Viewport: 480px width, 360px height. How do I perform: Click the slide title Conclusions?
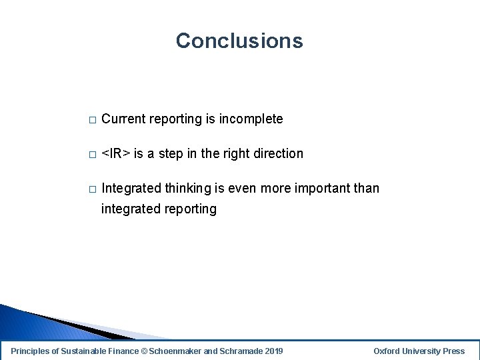click(x=239, y=41)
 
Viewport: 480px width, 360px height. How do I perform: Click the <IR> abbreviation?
click(x=115, y=154)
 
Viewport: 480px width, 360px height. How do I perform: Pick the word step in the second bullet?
click(x=171, y=154)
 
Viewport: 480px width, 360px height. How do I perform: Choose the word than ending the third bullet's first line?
click(x=367, y=189)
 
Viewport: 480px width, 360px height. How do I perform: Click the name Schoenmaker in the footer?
click(x=174, y=351)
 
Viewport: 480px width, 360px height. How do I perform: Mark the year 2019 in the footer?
click(x=273, y=351)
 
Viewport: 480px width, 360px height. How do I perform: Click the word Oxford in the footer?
click(x=387, y=351)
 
